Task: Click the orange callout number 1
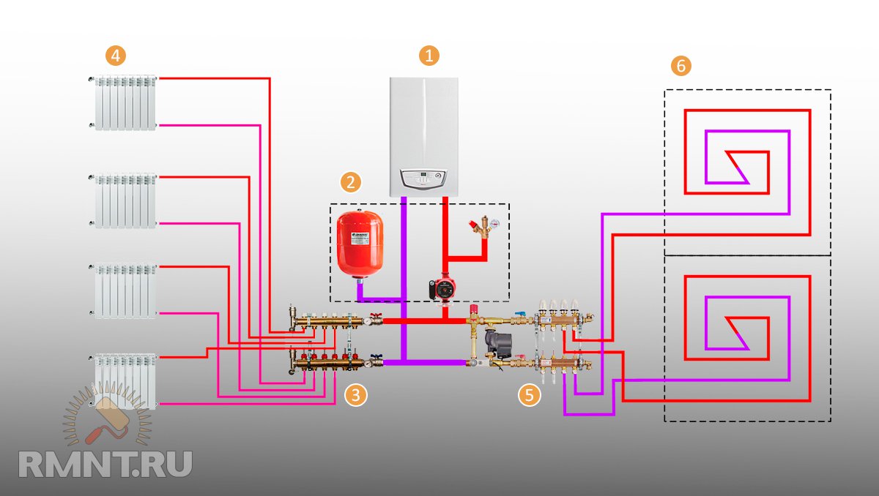429,55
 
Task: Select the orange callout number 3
356,396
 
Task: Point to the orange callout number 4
115,55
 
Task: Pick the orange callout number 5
529,396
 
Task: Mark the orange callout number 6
681,66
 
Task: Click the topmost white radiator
125,102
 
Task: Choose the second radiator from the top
125,200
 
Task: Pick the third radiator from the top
125,291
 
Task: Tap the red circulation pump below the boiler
444,287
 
